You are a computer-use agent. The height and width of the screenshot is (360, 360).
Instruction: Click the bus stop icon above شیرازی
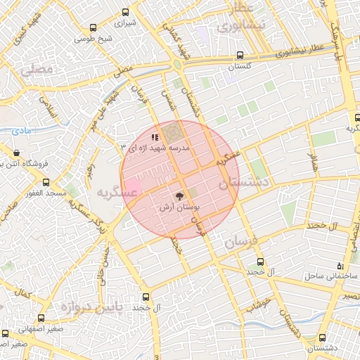pos(125,11)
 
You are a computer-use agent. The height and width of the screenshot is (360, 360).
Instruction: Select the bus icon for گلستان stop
pos(240,55)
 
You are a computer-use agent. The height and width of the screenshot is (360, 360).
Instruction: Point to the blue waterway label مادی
pos(23,131)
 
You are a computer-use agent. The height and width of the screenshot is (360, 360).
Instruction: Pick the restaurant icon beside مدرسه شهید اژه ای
pos(155,137)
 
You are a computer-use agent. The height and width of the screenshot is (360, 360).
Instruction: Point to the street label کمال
pos(26,291)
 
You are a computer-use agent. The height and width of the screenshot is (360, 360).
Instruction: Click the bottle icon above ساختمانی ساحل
pos(341,266)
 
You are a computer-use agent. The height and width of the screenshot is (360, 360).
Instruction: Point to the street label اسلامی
pos(50,106)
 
